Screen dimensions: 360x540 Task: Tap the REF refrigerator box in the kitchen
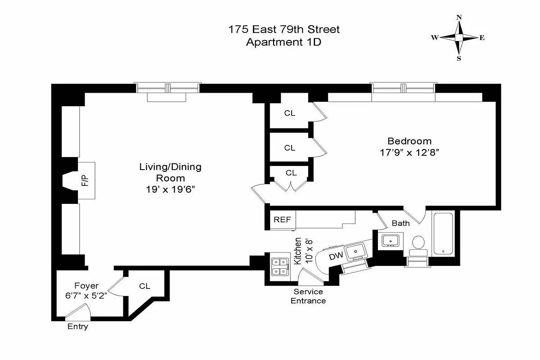282,220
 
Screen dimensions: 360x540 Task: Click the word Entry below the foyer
77,327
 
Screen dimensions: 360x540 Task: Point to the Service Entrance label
308,296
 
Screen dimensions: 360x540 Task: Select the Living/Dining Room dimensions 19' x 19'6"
170,190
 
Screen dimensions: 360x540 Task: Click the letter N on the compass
459,18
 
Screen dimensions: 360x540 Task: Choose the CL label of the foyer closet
144,286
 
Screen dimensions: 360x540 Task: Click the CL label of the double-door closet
291,173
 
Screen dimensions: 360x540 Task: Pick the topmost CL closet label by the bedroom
290,113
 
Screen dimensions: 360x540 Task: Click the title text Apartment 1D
283,43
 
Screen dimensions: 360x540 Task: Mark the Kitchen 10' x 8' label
301,251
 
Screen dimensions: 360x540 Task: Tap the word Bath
400,223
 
